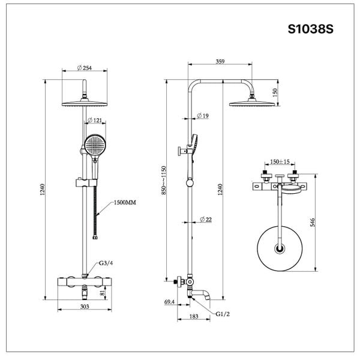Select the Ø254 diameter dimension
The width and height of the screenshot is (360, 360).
pos(85,68)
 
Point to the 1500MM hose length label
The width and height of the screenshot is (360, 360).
pos(124,203)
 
